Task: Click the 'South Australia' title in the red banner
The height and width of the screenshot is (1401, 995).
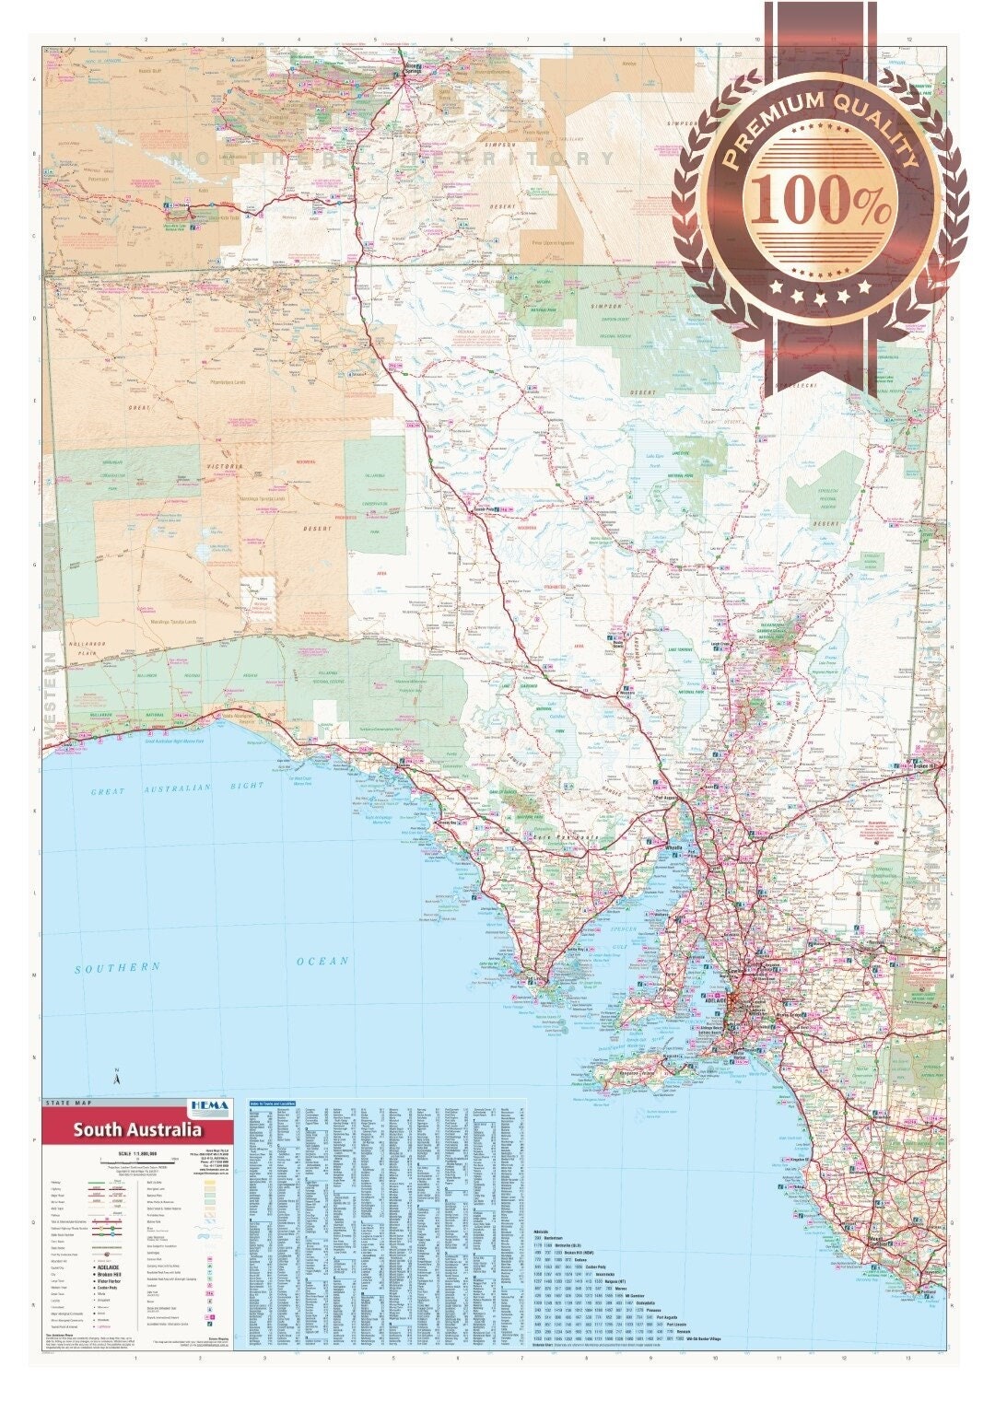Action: [x=138, y=1130]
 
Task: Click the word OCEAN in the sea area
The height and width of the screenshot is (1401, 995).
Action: [x=322, y=961]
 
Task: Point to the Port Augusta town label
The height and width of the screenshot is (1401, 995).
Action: [x=665, y=799]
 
